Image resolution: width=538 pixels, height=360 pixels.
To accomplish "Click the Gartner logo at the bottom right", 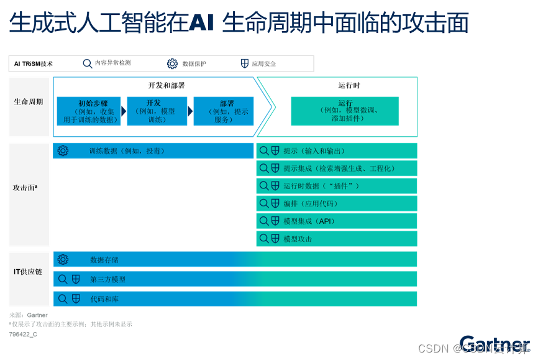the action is tap(495, 344).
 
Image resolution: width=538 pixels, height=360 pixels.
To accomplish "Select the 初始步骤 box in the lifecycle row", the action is tap(88, 111).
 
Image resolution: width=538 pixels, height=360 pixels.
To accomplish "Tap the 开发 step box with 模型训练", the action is tap(157, 111).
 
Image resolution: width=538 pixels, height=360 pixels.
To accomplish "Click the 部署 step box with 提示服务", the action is tap(224, 111).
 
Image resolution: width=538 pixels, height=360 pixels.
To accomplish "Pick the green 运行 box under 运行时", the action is tap(345, 111).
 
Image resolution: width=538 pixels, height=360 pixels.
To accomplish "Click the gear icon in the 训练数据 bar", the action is tap(63, 150).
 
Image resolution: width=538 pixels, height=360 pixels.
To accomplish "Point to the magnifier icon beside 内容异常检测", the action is tap(88, 63).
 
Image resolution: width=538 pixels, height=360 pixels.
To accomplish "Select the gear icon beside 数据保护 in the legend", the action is tap(172, 63).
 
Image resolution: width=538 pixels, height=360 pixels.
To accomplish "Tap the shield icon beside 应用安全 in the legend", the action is tap(245, 63).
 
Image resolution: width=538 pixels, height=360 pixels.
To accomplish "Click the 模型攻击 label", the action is tap(298, 239).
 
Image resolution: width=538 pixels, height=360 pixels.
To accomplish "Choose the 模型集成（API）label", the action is tap(309, 221).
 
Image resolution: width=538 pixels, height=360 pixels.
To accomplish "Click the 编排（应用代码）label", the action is tap(311, 203).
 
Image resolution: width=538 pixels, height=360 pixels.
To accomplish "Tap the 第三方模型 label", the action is tap(107, 279).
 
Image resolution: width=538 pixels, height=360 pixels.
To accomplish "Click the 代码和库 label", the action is tap(104, 299).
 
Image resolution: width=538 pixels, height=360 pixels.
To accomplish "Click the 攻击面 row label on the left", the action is tap(25, 187).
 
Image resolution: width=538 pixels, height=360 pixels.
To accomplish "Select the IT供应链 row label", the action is tap(28, 272).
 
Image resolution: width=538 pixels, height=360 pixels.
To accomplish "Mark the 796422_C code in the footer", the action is tap(23, 334).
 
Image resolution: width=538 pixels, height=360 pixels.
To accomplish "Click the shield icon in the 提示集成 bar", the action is tap(275, 168).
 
